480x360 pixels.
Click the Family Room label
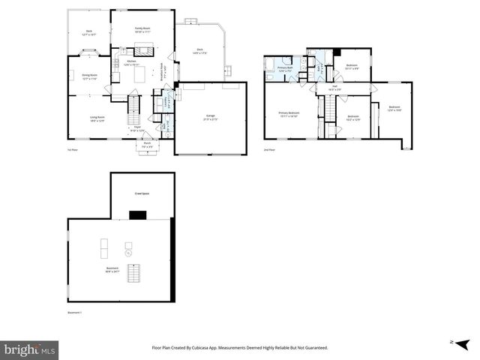click(142, 28)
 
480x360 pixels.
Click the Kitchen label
click(131, 62)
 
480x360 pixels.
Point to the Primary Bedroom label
click(289, 115)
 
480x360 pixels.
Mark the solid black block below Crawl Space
click(137, 215)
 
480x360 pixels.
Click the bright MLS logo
click(30, 349)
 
